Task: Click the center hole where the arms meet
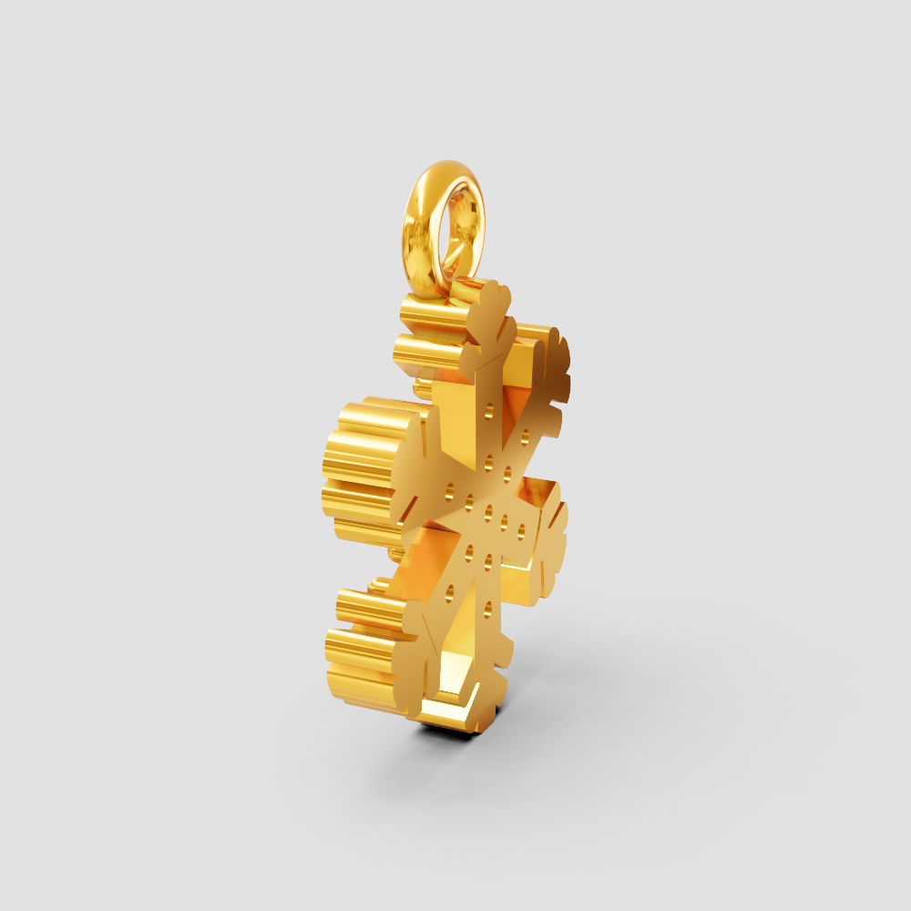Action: point(488,509)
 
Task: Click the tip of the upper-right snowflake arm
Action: point(555,364)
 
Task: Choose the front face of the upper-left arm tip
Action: point(405,455)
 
